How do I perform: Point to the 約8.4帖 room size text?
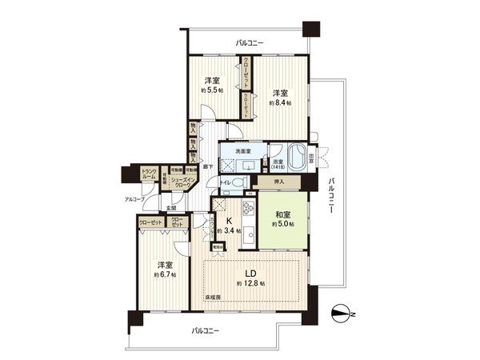pyautogui.click(x=280, y=102)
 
